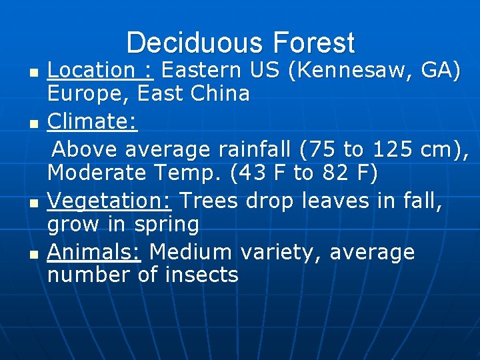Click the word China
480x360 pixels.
(x=219, y=94)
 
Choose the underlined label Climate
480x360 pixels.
(x=92, y=121)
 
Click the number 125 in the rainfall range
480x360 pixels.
(x=393, y=148)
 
